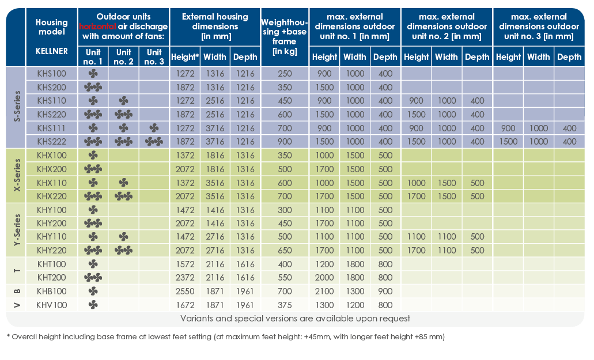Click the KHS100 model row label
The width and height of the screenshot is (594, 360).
click(x=51, y=74)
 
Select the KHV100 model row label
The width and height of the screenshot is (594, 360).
click(x=51, y=304)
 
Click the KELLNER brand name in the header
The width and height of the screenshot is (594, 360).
click(x=51, y=51)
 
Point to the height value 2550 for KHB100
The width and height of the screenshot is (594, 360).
click(x=185, y=291)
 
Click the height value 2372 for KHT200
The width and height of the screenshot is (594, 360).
click(x=185, y=277)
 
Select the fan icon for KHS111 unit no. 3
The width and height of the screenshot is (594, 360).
click(x=154, y=128)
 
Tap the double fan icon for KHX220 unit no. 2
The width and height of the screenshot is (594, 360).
click(x=123, y=196)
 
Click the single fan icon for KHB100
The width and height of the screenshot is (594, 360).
click(x=93, y=291)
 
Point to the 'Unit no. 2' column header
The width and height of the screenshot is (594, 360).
click(x=123, y=56)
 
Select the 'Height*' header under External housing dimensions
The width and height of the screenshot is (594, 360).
click(x=185, y=57)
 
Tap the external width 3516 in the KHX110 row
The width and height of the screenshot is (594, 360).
click(x=215, y=182)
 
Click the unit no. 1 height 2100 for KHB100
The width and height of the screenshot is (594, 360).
click(x=324, y=291)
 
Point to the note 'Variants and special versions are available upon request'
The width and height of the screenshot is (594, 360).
click(x=295, y=318)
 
